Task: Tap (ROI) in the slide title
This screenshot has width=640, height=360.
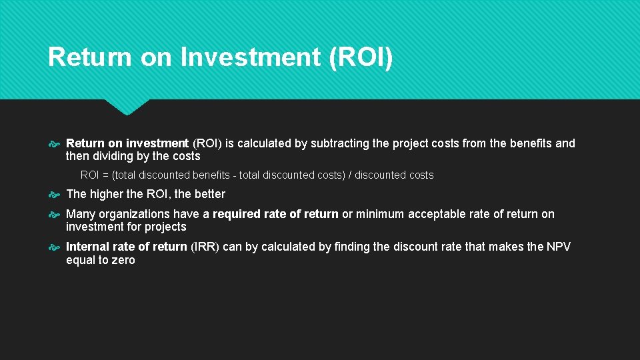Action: tap(361, 57)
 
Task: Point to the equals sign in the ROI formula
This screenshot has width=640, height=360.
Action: tap(105, 175)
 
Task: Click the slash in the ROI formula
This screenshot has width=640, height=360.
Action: tap(351, 175)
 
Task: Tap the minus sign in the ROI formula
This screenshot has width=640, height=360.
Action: tap(234, 175)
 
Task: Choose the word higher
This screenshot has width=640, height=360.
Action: tap(108, 194)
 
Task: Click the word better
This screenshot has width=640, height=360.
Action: tap(209, 194)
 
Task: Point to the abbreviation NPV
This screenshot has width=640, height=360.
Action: tap(558, 247)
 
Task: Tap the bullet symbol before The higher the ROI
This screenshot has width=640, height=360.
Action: tap(55, 195)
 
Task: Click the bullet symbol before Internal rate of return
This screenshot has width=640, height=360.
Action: tap(55, 247)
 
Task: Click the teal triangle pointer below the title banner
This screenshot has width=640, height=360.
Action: tap(127, 107)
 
